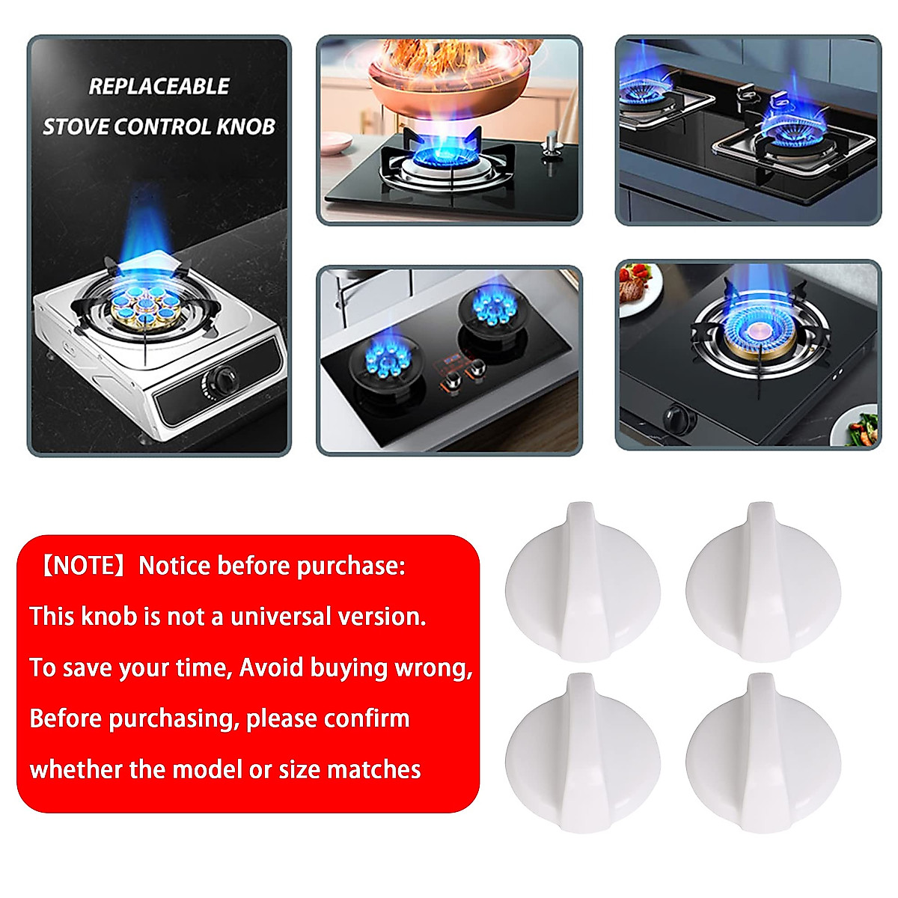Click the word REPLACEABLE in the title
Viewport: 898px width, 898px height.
pos(159,86)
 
